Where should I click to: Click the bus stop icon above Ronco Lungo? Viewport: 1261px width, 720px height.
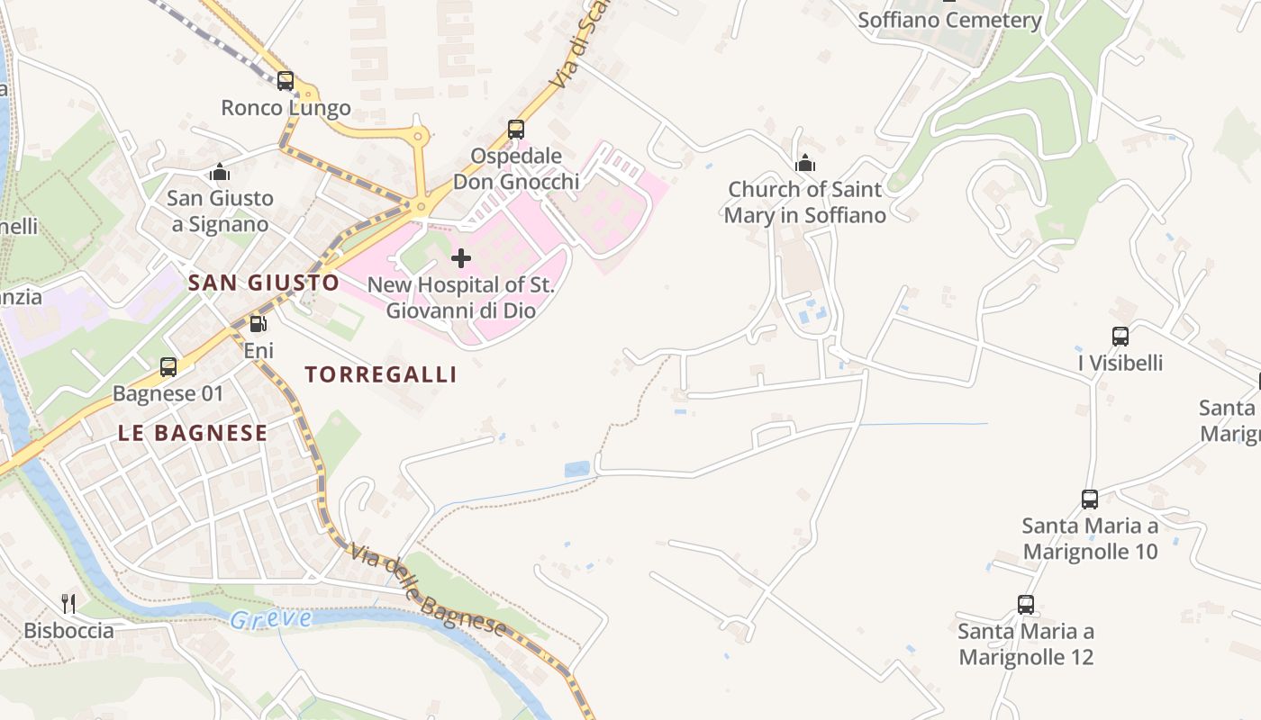tap(286, 81)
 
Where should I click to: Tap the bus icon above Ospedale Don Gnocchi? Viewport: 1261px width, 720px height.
tap(516, 130)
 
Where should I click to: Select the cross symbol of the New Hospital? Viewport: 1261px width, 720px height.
tap(461, 259)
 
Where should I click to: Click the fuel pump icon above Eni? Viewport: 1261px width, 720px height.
tap(258, 324)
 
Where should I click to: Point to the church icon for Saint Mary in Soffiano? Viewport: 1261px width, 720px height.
tap(805, 163)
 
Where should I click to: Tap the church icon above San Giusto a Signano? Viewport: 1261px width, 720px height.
tap(220, 172)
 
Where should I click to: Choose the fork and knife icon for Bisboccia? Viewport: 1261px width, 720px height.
tap(68, 603)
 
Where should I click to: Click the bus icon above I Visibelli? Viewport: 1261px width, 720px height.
tap(1120, 337)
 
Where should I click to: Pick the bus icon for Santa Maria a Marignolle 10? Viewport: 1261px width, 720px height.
tap(1090, 499)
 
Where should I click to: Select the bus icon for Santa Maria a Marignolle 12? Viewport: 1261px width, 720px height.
tap(1026, 605)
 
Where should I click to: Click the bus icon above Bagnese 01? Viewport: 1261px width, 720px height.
tap(168, 367)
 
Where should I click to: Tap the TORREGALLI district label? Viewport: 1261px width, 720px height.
tap(381, 375)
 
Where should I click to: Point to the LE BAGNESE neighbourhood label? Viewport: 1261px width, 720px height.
tap(193, 433)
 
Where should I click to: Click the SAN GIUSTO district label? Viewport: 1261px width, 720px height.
tap(264, 283)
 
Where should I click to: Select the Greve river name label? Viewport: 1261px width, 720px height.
tap(270, 619)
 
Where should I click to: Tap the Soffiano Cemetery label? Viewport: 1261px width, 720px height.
tap(949, 20)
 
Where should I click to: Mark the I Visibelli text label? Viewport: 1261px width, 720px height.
tap(1120, 363)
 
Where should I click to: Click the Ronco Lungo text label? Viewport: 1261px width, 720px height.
tap(286, 108)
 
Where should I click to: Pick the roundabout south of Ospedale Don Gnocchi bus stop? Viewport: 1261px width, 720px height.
tap(419, 206)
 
